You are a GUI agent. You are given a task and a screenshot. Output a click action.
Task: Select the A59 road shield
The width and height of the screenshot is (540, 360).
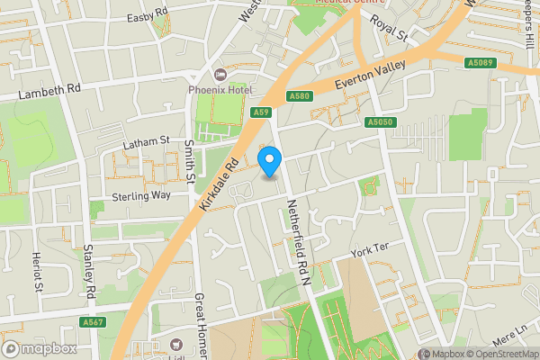tap(261, 112)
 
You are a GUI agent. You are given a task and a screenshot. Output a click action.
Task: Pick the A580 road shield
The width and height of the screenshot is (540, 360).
tap(300, 96)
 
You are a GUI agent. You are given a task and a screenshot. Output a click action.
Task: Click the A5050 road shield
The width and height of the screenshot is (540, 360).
tap(381, 121)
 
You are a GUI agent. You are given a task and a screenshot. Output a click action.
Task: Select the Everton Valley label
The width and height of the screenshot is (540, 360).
tap(371, 76)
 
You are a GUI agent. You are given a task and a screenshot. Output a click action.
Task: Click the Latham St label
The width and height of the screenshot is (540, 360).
tap(146, 141)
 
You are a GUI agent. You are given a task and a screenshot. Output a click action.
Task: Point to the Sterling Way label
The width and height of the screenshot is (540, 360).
tap(141, 195)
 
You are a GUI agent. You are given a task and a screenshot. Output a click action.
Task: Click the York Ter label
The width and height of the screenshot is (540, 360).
tap(370, 247)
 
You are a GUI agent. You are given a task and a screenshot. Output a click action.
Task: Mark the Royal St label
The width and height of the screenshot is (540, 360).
tap(389, 30)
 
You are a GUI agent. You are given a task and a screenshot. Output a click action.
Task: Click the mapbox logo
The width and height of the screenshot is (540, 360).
tap(39, 348)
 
